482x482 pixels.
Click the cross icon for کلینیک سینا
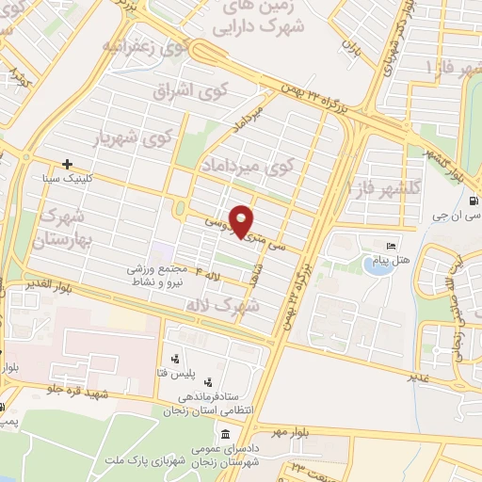coord(67,164)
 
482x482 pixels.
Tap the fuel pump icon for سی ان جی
coord(472,200)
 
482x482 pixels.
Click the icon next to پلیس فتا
coord(175,359)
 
